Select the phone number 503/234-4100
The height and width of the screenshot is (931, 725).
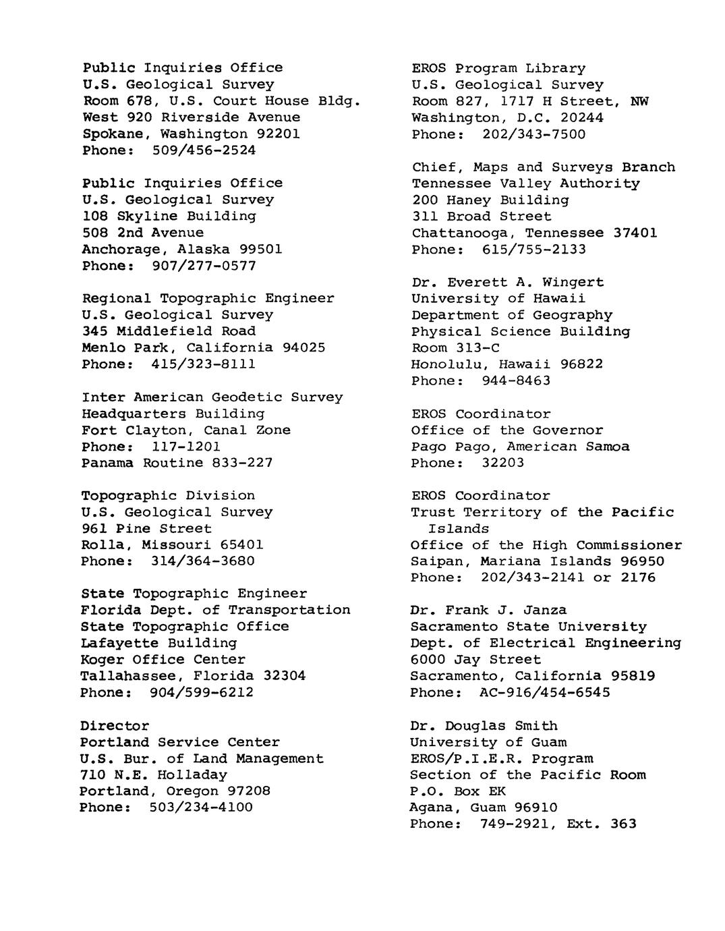click(201, 808)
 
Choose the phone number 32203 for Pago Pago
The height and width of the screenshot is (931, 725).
click(502, 463)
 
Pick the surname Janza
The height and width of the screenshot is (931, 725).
click(545, 611)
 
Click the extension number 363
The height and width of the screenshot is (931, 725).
click(622, 824)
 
